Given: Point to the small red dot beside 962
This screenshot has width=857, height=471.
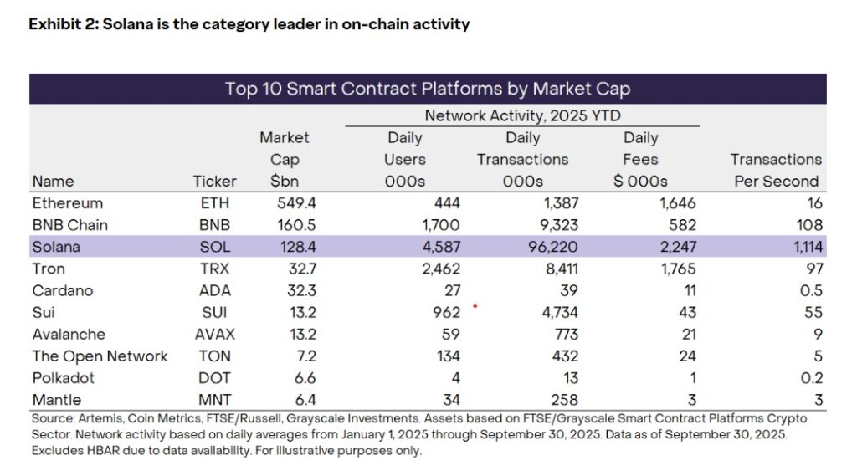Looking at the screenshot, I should tap(475, 306).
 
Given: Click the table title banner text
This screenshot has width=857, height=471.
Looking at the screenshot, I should tap(427, 89).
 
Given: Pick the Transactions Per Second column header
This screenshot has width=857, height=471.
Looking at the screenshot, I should tap(776, 170).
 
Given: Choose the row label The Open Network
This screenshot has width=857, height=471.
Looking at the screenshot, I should tap(100, 356).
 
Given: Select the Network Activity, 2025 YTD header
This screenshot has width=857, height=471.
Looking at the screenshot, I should tap(522, 115).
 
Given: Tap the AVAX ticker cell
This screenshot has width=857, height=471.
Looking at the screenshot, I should tap(214, 334).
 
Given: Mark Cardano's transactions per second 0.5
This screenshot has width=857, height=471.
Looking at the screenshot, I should tap(811, 290).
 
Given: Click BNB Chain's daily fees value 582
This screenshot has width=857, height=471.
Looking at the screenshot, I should tap(681, 225).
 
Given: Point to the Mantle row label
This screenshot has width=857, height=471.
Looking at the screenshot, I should tap(57, 399).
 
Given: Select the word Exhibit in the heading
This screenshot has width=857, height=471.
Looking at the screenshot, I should tap(54, 24).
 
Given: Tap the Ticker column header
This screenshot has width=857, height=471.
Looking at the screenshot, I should tap(215, 181).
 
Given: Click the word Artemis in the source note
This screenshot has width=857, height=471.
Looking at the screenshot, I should tap(98, 417).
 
